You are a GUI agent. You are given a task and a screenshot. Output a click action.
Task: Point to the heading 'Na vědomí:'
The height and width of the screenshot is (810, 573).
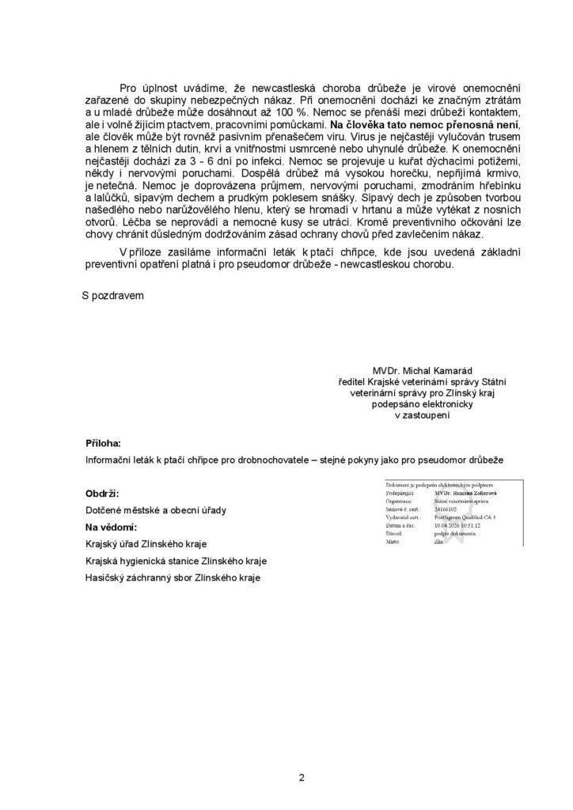(x=112, y=527)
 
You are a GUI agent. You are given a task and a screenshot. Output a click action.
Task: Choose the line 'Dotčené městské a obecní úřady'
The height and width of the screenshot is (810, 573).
(x=155, y=510)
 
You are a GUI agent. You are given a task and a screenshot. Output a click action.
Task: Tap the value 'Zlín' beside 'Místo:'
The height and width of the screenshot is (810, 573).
(x=440, y=543)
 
